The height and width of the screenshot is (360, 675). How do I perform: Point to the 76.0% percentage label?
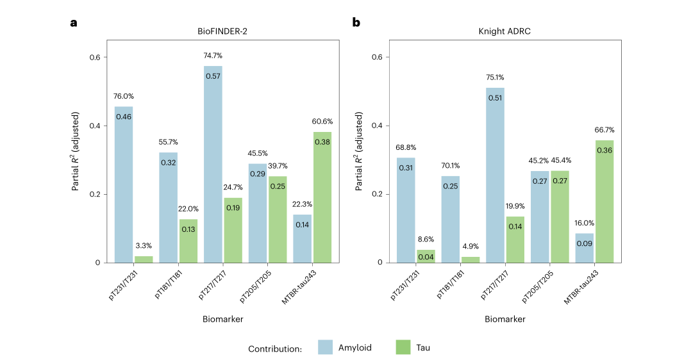pos(124,97)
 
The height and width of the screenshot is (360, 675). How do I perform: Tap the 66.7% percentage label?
pos(604,131)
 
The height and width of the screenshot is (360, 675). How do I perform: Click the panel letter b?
pos(356,22)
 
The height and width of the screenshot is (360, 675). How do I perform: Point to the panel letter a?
pos(74,22)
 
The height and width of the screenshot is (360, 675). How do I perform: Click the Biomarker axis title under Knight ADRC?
pos(504,318)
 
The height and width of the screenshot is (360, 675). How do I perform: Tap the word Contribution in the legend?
pos(275,348)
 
